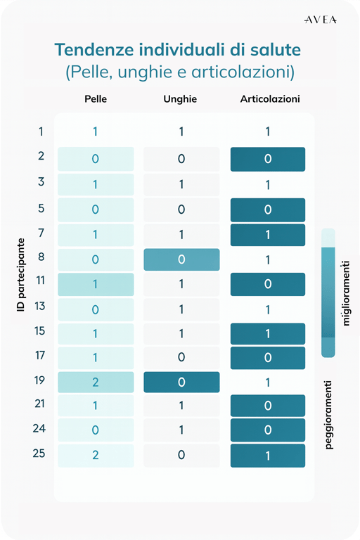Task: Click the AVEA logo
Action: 321,20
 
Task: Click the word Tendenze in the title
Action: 94,50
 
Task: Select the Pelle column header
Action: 96,99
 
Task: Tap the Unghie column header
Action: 180,99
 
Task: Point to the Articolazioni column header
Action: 270,99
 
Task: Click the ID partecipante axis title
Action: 21,275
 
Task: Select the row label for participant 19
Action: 39,380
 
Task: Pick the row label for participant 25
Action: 39,454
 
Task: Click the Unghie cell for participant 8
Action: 181,259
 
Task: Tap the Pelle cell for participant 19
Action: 96,382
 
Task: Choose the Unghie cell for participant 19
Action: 181,382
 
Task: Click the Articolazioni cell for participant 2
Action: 268,159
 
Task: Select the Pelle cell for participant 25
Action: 96,456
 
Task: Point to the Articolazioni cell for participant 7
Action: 268,235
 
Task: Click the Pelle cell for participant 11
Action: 96,285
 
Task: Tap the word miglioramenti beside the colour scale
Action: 346,293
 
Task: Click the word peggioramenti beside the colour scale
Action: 328,415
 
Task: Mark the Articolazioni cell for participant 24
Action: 268,430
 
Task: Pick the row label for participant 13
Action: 39,306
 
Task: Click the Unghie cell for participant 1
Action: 181,131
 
